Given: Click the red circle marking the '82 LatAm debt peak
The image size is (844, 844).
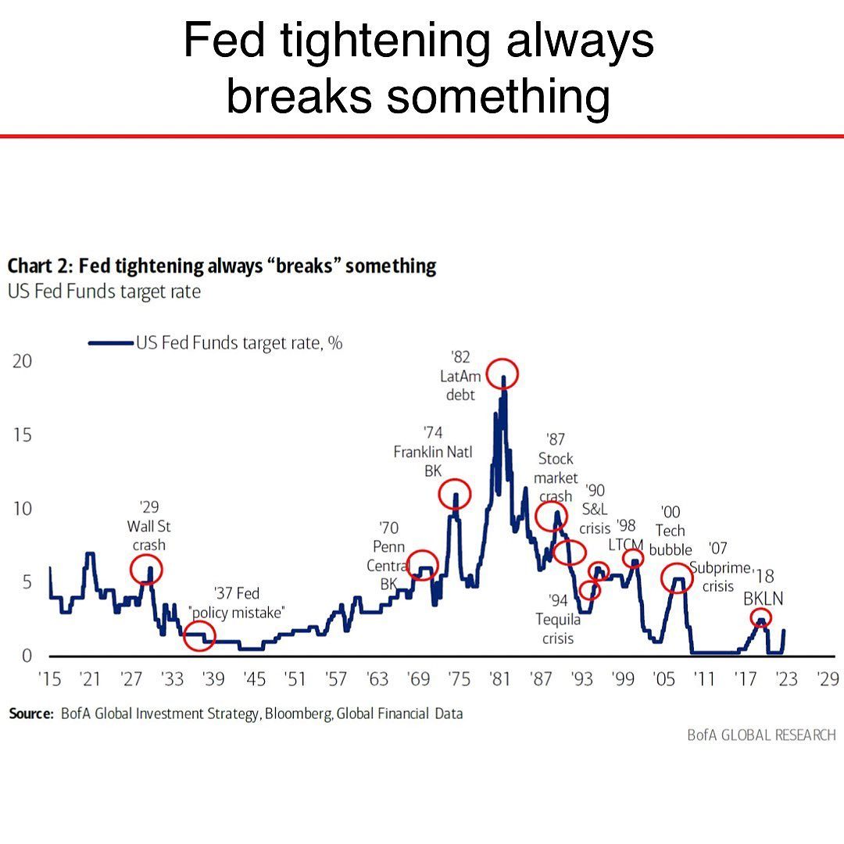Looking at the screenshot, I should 502,374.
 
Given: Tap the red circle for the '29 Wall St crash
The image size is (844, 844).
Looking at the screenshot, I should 146,570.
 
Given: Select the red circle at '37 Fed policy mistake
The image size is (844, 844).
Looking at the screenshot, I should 198,637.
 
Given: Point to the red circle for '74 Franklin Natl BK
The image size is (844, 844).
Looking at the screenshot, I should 455,494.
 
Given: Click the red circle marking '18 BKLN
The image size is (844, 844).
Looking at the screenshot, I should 760,618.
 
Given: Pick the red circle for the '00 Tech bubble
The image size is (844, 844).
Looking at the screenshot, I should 633,558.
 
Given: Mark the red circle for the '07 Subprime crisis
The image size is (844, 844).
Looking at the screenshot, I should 677,578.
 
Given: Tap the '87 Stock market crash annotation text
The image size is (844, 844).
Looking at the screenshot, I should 556,467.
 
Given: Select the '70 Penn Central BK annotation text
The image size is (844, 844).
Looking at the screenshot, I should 388,556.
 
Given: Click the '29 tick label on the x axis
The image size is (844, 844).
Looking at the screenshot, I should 826,679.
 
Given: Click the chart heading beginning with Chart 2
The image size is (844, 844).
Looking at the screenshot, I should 222,266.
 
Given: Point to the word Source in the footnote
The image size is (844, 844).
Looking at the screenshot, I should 31,713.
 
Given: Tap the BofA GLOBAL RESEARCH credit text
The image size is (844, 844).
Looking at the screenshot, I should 761,735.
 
